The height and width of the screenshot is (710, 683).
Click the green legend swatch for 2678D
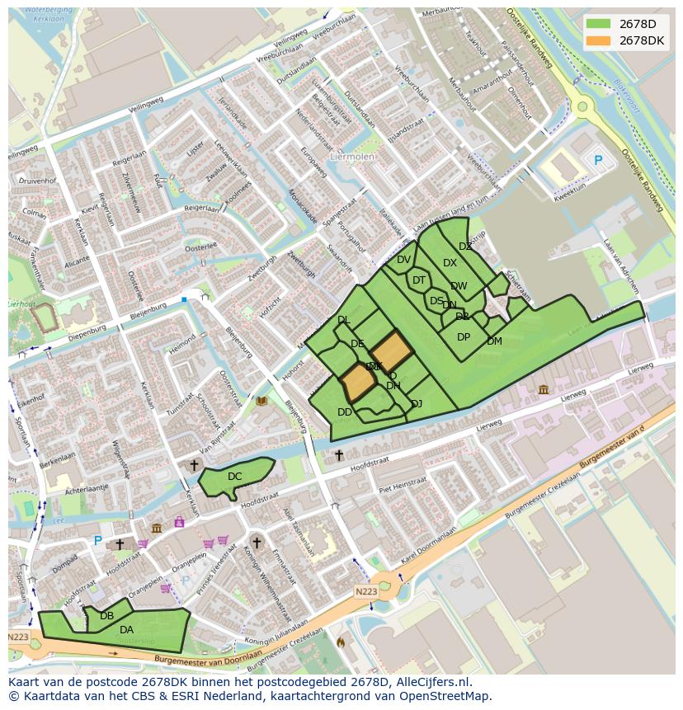click(x=599, y=24)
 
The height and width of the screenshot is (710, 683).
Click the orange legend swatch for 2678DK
click(x=599, y=40)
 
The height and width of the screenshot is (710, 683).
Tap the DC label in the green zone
click(x=235, y=477)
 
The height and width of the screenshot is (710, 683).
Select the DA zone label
click(x=126, y=630)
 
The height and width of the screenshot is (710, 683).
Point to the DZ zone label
click(x=465, y=247)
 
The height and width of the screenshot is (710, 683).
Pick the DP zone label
click(x=464, y=337)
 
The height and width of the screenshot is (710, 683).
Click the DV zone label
click(x=403, y=260)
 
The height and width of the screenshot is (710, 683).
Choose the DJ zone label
click(x=417, y=403)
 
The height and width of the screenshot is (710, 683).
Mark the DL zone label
click(x=344, y=320)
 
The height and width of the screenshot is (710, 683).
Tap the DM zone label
click(x=494, y=341)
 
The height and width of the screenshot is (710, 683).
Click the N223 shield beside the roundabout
click(x=366, y=591)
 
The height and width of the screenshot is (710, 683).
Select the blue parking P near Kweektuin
click(x=598, y=160)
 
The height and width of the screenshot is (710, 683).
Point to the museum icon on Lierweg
click(x=543, y=389)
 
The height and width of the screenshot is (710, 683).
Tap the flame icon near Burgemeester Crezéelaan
click(x=341, y=641)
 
